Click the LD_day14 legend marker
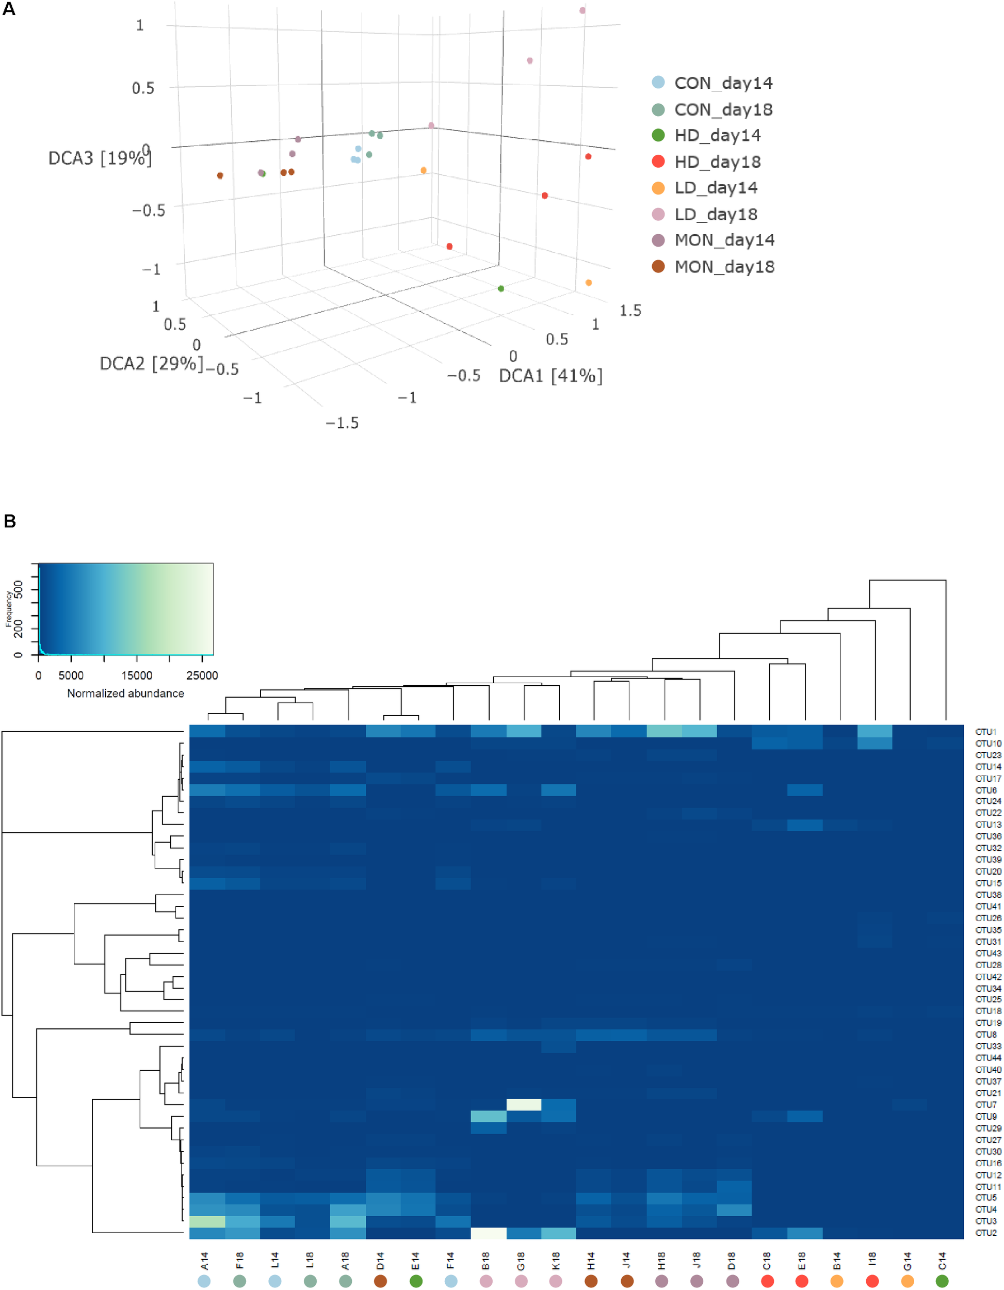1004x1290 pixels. tap(658, 188)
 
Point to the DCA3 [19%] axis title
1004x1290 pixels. tap(99, 158)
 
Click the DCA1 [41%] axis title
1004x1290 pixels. tap(550, 376)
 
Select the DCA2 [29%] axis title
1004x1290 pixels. tap(151, 363)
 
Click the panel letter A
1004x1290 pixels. tap(9, 9)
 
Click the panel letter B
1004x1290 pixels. tap(9, 521)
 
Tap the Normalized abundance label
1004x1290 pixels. tap(125, 693)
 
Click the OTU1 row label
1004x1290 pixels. tap(986, 731)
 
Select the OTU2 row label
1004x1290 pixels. tap(986, 1233)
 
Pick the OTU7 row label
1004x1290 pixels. tap(986, 1105)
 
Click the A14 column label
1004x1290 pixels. tap(204, 1261)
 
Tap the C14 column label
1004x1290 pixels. tap(942, 1261)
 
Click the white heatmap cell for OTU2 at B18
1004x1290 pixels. tap(489, 1233)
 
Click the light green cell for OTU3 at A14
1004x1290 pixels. tap(207, 1221)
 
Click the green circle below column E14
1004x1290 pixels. tap(416, 1281)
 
